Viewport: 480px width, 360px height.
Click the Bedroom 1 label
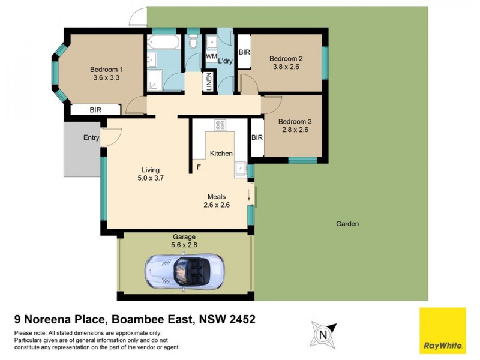107,68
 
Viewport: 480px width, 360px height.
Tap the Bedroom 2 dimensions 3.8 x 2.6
286,67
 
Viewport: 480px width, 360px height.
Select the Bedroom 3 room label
295,120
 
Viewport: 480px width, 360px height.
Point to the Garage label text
185,236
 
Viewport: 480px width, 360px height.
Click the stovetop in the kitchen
220,125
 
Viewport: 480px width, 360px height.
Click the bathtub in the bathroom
163,44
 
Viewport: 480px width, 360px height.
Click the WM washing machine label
211,56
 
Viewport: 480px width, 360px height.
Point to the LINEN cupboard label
209,83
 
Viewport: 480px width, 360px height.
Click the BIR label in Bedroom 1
95,110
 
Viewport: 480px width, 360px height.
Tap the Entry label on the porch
91,138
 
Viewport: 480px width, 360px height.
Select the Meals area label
217,196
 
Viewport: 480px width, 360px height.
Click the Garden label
347,224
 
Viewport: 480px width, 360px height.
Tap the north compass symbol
322,334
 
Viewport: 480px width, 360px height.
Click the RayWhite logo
442,330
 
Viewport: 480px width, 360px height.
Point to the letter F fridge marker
198,167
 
